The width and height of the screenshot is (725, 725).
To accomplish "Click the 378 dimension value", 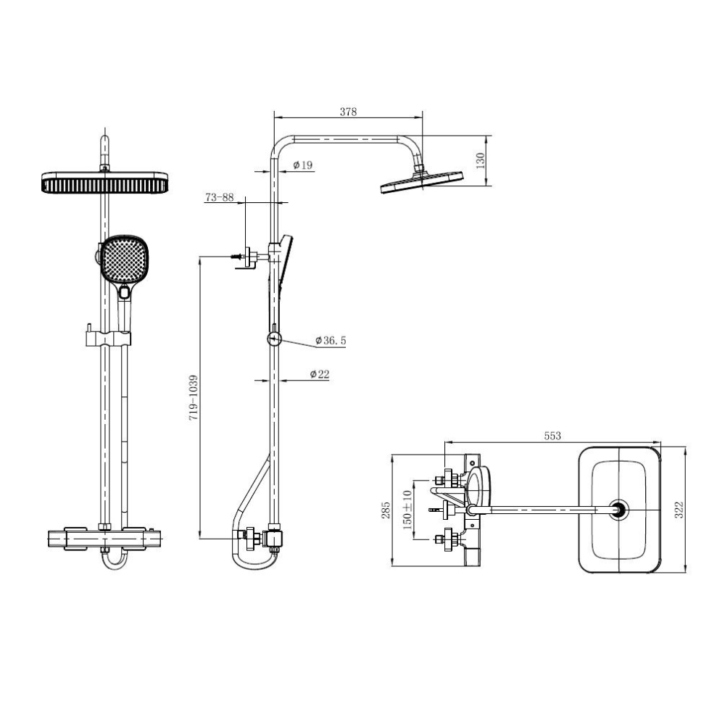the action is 348,112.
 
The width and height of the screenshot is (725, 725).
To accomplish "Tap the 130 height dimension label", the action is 481,160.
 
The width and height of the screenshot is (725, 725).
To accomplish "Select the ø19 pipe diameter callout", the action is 303,165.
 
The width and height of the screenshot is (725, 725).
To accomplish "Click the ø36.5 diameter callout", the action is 331,341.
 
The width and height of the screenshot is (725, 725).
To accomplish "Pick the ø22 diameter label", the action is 320,374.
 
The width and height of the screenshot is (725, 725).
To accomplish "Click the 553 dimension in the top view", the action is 552,436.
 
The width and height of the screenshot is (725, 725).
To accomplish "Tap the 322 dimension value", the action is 679,510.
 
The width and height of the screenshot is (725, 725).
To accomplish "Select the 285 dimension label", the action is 386,510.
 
